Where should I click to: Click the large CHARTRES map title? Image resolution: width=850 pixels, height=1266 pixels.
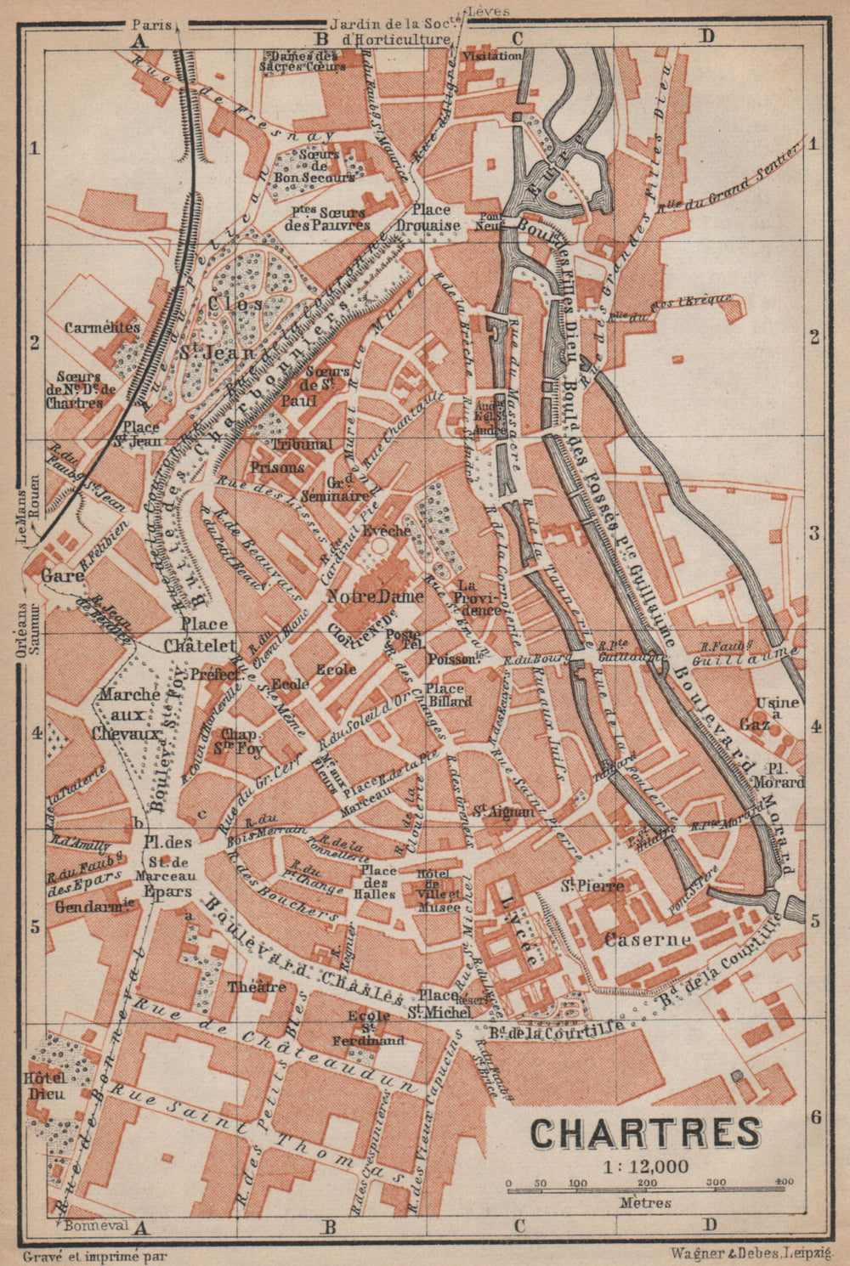646,1133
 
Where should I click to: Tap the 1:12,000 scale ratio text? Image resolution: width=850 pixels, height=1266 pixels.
647,1167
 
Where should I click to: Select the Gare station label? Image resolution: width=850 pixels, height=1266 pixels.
61,575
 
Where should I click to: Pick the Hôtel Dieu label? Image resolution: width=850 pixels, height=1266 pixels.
46,1085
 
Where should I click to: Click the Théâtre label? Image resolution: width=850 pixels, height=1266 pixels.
257,986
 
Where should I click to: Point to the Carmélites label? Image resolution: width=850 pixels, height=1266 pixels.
102,327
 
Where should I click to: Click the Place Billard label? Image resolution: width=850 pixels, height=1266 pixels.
449,694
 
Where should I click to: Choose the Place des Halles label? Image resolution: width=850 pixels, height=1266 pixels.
378,882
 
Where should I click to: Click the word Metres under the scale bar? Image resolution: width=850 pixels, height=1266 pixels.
646,1202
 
